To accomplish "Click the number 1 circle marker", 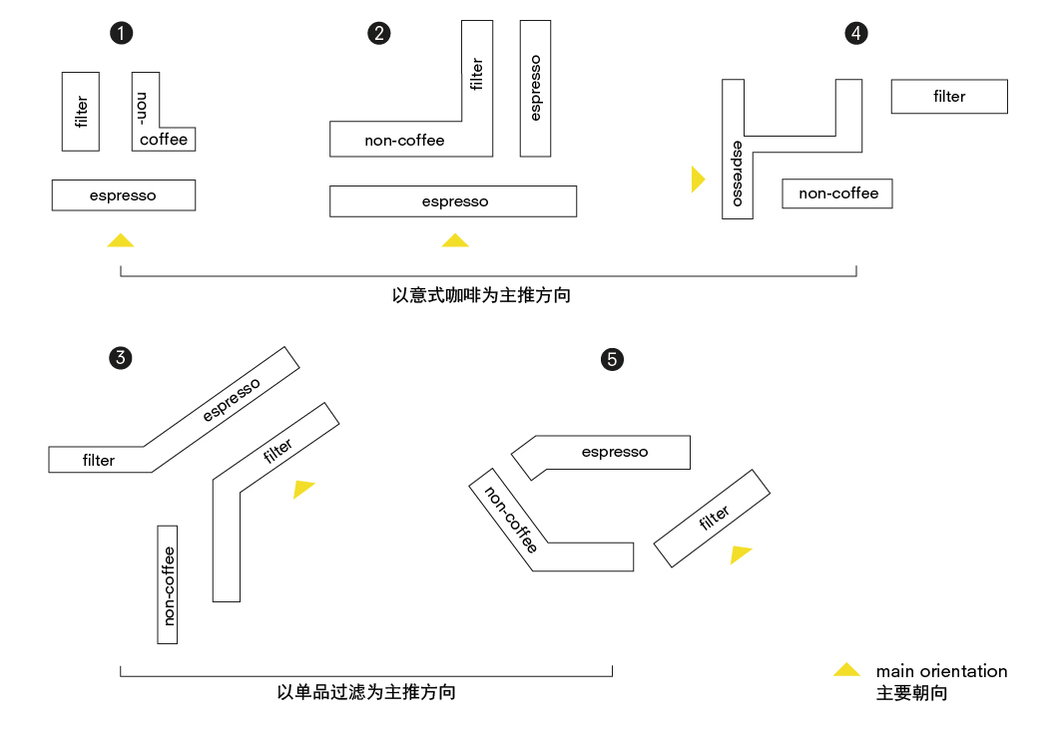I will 121,33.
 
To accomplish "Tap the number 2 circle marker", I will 378,33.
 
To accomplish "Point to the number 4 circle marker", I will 856,33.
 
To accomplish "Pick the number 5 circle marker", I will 613,359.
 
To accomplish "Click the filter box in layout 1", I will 81,111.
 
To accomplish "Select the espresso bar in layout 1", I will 123,195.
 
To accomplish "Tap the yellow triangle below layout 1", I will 121,240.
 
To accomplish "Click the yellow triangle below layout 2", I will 455,240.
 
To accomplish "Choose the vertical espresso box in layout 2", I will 535,88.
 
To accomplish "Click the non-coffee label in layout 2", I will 404,141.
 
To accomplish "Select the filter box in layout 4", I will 948,97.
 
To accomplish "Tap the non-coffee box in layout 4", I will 837,193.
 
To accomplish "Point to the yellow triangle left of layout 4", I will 697,180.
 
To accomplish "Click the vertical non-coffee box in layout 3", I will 168,583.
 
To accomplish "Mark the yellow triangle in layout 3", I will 302,489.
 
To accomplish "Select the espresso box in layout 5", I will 614,453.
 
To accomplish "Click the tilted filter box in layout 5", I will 712,520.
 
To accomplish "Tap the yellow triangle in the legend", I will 846,671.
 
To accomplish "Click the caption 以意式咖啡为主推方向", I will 481,296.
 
